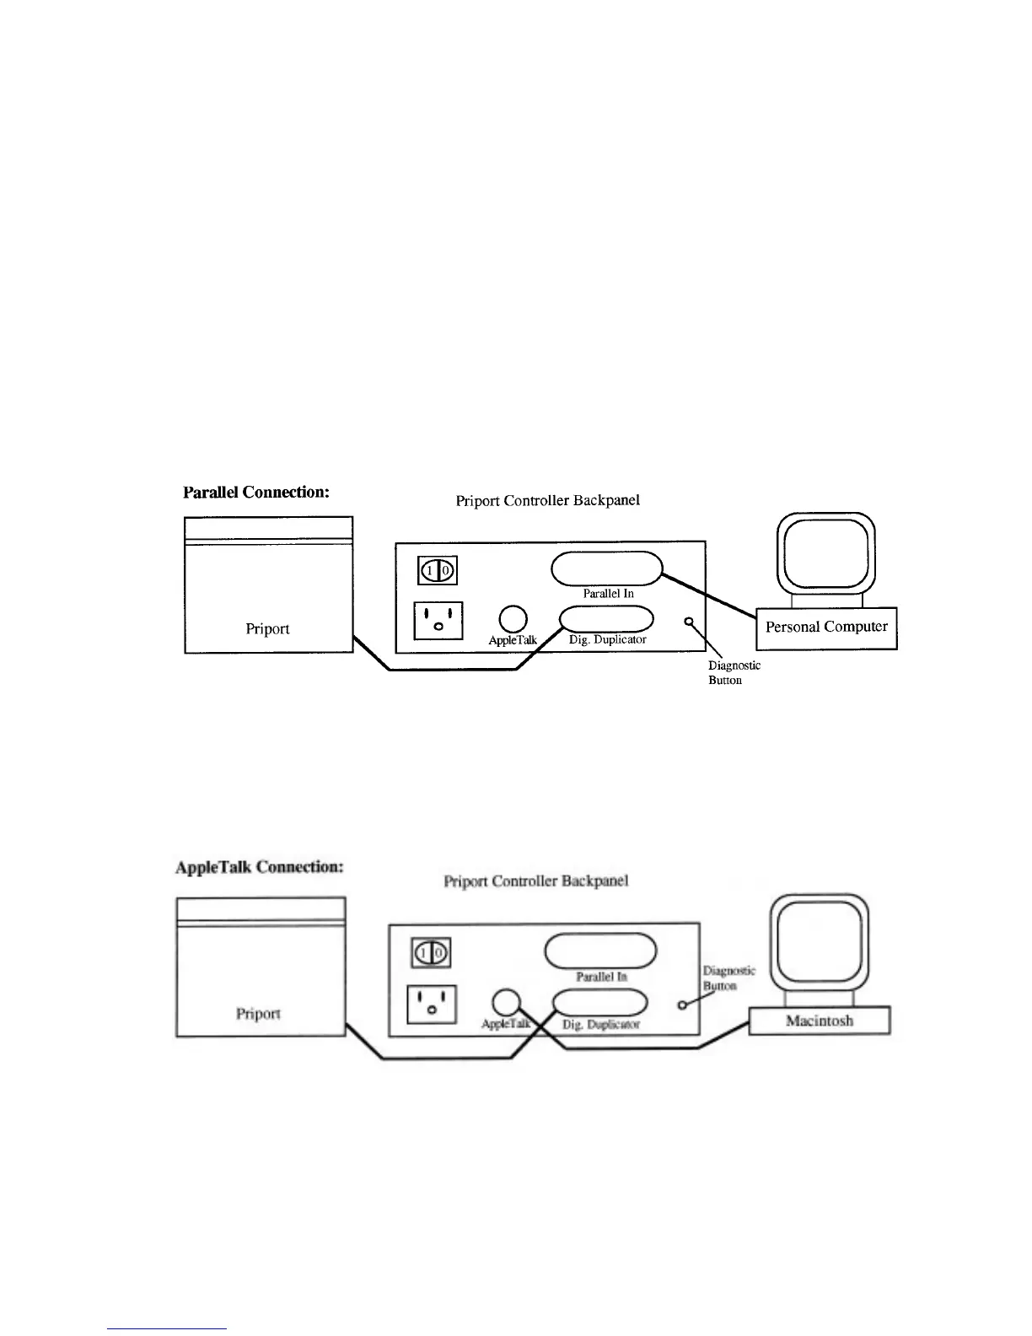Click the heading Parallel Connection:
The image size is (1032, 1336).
coord(256,493)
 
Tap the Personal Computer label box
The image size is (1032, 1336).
coord(826,628)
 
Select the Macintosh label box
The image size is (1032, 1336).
coord(820,1021)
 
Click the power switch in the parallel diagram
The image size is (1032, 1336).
coord(438,571)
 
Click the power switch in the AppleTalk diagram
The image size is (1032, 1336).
coord(431,954)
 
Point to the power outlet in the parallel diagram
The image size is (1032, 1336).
coord(438,621)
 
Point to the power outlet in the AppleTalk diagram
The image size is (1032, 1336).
coord(432,1005)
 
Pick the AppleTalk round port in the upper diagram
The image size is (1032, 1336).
coord(513,619)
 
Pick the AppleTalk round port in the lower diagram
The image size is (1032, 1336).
coord(505,1002)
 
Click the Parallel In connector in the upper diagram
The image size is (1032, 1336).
coord(607,568)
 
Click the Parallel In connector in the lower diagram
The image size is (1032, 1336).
coord(600,951)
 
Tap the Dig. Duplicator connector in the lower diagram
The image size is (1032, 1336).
coord(600,1002)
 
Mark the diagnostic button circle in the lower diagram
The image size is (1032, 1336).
coord(682,1005)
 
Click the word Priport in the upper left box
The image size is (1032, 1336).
coord(267,629)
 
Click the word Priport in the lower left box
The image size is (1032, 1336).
coord(258,1014)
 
